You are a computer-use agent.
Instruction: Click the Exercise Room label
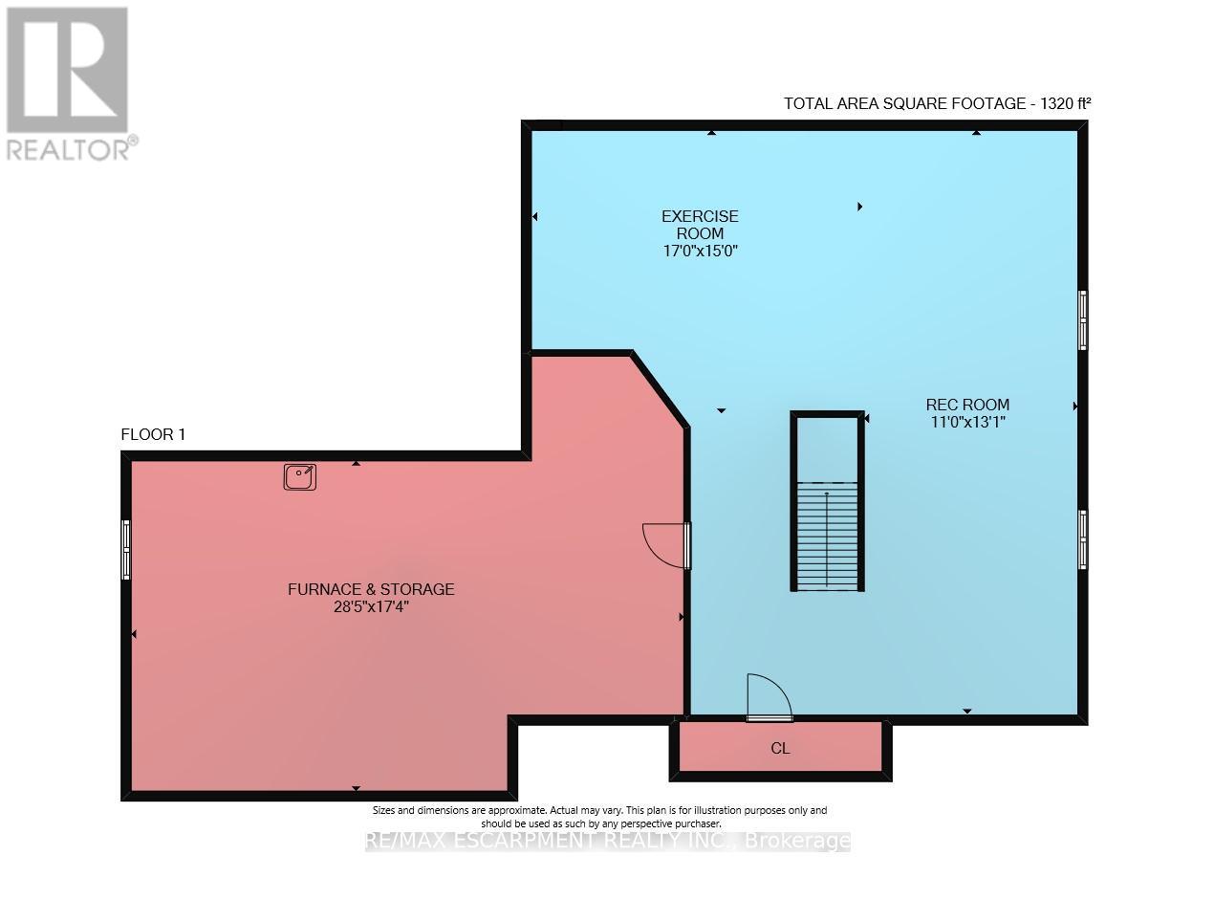[x=700, y=225]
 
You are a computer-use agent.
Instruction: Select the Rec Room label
[x=967, y=405]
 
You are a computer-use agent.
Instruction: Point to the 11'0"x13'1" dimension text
[x=967, y=421]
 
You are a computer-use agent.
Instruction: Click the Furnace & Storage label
[x=371, y=589]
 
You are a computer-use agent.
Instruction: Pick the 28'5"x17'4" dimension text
[x=371, y=606]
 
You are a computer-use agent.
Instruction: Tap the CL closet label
[x=780, y=749]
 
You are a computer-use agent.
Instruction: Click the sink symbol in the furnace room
[x=299, y=476]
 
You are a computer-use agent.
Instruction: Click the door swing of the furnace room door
[x=662, y=544]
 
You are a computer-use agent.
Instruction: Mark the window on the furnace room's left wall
[x=125, y=549]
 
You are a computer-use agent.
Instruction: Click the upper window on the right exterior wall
[x=1082, y=319]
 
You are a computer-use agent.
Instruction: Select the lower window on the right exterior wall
[x=1082, y=539]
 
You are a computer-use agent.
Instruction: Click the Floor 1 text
[x=153, y=435]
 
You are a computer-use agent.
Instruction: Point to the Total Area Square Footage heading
[x=937, y=103]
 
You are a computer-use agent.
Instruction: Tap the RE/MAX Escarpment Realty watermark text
[x=608, y=842]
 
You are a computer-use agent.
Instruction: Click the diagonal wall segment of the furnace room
[x=659, y=389]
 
